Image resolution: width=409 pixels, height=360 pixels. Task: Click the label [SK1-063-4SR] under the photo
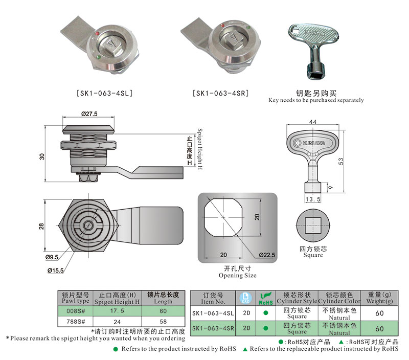coord(220,94)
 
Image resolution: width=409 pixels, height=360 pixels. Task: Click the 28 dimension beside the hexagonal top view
coord(42,226)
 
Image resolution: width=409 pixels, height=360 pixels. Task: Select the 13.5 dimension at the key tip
coord(312,199)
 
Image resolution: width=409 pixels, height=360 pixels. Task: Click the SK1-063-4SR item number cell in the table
coord(213,328)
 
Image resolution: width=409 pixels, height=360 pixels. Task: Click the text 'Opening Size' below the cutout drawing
coord(237,276)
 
